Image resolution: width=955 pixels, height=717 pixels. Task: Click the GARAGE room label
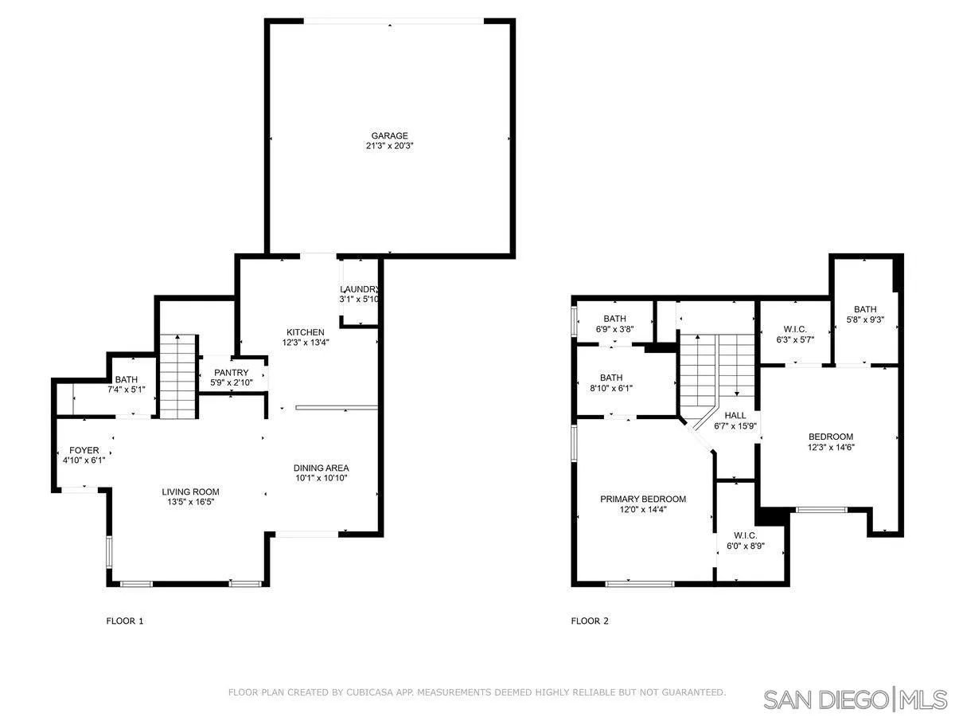(x=389, y=135)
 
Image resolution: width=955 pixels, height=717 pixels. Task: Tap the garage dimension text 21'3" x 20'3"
(x=389, y=147)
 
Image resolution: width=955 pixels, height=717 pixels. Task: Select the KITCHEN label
(x=306, y=332)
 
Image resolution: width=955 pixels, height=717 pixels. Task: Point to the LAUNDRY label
(x=359, y=289)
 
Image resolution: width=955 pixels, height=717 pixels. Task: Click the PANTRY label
(x=232, y=373)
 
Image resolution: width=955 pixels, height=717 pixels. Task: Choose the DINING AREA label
(x=321, y=468)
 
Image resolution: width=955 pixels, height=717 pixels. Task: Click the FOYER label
(x=84, y=450)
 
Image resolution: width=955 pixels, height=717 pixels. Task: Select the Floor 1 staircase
(x=177, y=375)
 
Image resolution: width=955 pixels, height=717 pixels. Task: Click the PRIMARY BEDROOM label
(x=643, y=499)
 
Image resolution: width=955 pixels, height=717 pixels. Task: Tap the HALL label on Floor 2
(x=735, y=415)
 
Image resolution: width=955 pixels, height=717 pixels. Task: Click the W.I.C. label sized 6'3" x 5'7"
(x=794, y=328)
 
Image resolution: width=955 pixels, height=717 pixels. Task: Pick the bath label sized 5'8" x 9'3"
(x=864, y=309)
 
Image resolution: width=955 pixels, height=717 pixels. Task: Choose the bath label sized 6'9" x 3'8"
(x=614, y=319)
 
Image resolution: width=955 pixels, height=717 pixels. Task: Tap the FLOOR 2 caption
(x=590, y=621)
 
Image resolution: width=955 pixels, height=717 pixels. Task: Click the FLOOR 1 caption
(x=125, y=621)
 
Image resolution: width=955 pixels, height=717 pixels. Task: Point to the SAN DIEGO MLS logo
(x=855, y=699)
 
